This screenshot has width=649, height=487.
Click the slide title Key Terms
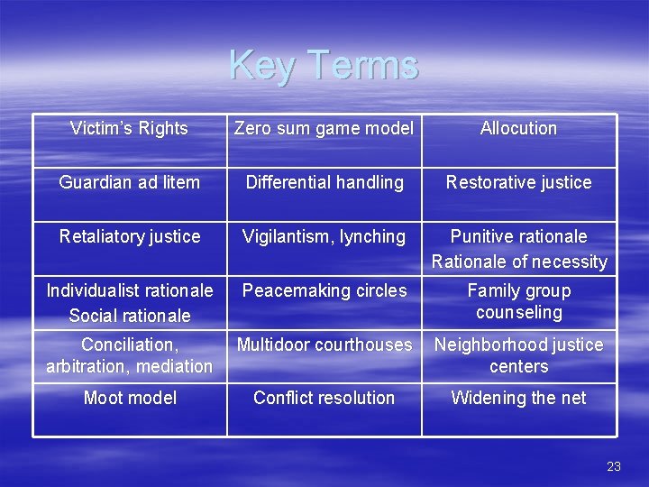pos(324,65)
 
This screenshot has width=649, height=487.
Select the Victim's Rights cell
pos(129,129)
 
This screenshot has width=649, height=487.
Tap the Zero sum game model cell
pos(324,129)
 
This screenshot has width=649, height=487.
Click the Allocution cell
pos(518,129)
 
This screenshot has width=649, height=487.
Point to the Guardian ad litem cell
pos(129,182)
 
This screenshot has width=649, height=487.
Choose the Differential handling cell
pos(324,182)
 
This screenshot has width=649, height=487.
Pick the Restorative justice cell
pos(518,182)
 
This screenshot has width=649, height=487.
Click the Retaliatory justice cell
pos(129,236)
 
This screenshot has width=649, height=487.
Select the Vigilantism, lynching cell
pos(324,236)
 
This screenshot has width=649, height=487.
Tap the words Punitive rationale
pos(518,236)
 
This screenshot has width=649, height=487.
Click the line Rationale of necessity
pos(518,262)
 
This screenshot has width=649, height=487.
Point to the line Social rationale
pos(129,316)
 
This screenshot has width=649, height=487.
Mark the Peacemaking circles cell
pos(324,290)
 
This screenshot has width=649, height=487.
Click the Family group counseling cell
pos(518,301)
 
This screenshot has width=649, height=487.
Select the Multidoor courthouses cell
pos(324,345)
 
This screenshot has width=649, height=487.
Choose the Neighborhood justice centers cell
pos(518,355)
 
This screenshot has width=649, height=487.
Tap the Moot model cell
pos(129,398)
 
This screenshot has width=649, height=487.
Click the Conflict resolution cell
pos(324,398)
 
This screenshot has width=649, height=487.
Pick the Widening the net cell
pos(518,398)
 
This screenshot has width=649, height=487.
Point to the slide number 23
pos(614,466)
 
